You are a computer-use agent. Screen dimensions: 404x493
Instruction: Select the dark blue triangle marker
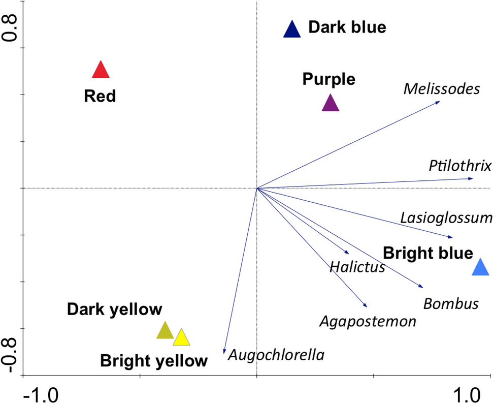pyautogui.click(x=292, y=30)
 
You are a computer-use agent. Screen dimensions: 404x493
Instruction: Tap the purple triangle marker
pyautogui.click(x=330, y=104)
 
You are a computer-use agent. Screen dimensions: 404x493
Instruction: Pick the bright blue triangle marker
pyautogui.click(x=480, y=268)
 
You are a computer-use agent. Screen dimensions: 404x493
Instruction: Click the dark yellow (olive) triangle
pyautogui.click(x=165, y=331)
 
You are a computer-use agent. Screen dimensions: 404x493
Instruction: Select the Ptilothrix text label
pyautogui.click(x=460, y=166)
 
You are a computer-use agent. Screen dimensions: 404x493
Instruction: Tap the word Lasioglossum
pyautogui.click(x=446, y=218)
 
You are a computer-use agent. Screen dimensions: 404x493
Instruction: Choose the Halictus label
pyautogui.click(x=357, y=267)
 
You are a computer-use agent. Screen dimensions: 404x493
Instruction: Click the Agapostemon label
pyautogui.click(x=368, y=321)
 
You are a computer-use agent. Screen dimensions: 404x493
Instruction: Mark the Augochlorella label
pyautogui.click(x=276, y=354)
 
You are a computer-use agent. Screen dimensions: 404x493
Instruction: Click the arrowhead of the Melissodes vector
pyautogui.click(x=438, y=102)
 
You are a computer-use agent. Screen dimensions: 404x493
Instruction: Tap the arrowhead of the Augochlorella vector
pyautogui.click(x=224, y=352)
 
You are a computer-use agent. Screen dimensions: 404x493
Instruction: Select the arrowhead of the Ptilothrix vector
pyautogui.click(x=472, y=178)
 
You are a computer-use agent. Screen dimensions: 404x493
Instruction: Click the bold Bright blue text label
pyautogui.click(x=428, y=253)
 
